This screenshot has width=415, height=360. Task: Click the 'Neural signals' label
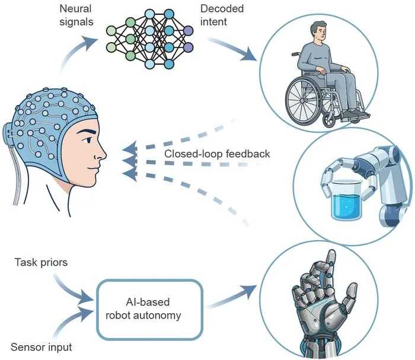pos(76,15)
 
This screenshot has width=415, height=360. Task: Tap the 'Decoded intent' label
pos(222,15)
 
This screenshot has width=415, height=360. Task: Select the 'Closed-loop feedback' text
pos(217,154)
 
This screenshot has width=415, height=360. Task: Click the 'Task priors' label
pos(41,262)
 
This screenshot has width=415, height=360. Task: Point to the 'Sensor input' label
pos(41,347)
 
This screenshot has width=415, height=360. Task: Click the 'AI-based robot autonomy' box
pos(149,309)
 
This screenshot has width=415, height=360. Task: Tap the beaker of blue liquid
pos(347,200)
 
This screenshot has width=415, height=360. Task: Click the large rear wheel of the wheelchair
pos(304,101)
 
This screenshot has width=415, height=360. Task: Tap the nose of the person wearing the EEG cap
pos(101,154)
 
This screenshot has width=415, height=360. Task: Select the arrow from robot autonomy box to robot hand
pos(231,297)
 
